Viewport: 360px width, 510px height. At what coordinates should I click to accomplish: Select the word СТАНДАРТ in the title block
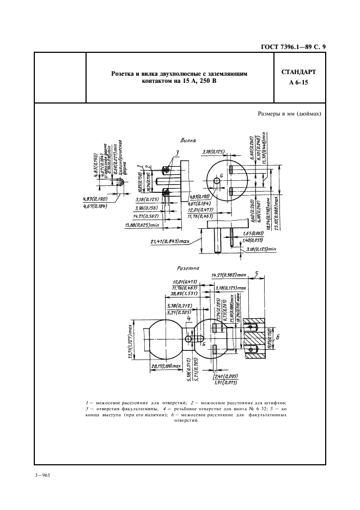[299, 72]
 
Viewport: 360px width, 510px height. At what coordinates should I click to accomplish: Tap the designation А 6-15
[298, 83]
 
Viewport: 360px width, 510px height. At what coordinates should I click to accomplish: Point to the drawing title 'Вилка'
[188, 140]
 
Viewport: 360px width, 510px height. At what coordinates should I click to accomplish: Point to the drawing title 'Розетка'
[189, 268]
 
